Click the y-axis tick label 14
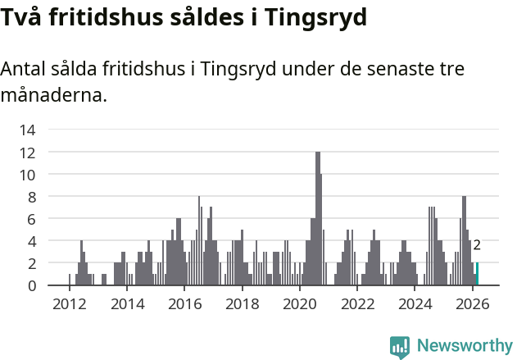27,130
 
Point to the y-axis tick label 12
27,153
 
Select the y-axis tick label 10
27,175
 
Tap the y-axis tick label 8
31,197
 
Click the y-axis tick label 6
31,219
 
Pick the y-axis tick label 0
31,285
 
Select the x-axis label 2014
126,304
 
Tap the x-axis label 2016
184,304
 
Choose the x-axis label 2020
299,304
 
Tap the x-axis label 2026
472,304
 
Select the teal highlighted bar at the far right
477,274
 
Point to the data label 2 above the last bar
477,244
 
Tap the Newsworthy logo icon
400,347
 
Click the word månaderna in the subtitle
53,95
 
